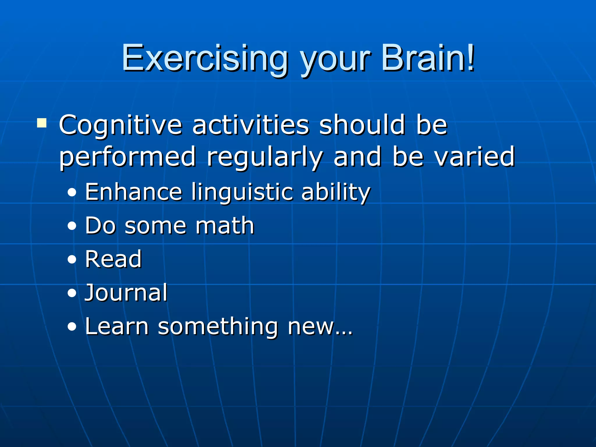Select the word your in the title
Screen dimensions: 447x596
[x=335, y=60]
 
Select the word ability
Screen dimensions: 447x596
[x=336, y=193]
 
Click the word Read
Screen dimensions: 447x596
[x=113, y=259]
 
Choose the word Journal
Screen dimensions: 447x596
[x=126, y=292]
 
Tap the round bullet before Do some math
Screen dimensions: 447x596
[x=72, y=226]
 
